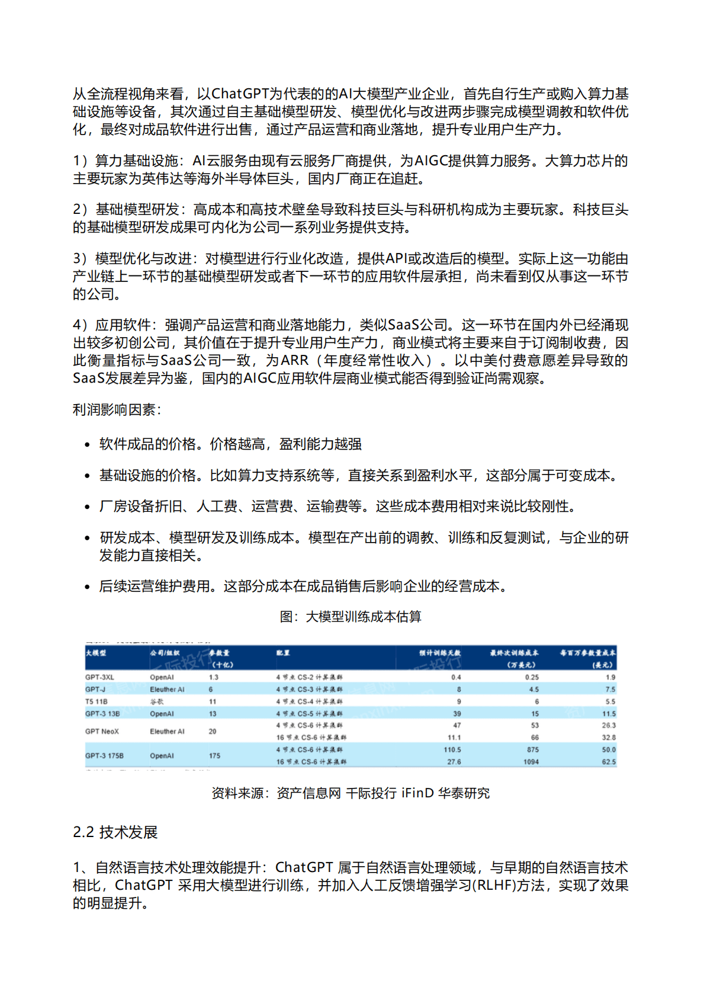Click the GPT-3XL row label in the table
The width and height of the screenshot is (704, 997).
tap(99, 677)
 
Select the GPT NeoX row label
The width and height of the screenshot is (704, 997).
tap(102, 732)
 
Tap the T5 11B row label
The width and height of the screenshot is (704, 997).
tap(96, 701)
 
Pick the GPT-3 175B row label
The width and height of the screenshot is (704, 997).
tap(104, 756)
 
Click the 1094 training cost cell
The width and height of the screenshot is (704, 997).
tap(531, 762)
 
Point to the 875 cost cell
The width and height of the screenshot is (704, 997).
tap(532, 750)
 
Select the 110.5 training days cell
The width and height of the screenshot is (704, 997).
tap(452, 750)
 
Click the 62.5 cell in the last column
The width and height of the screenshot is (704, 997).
tap(609, 762)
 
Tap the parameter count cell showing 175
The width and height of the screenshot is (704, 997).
tap(214, 756)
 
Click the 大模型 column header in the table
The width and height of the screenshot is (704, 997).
tap(96, 653)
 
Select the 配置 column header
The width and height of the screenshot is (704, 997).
tap(283, 653)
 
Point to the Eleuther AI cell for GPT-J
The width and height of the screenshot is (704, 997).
tap(167, 690)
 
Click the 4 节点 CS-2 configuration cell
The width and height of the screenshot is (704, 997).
tap(309, 677)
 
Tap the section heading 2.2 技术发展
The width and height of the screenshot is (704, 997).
tap(115, 832)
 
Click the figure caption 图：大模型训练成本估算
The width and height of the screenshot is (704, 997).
tap(351, 617)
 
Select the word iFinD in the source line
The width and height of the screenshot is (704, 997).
tap(417, 793)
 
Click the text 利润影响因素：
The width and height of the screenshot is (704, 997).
tap(117, 409)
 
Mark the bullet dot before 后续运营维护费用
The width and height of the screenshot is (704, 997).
tap(88, 587)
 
